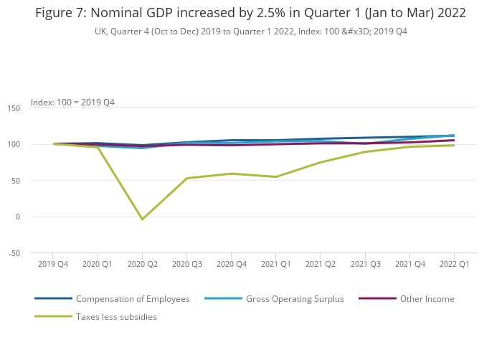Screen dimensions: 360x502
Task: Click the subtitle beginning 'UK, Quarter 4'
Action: pyautogui.click(x=251, y=32)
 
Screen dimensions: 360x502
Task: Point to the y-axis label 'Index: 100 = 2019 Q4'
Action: pyautogui.click(x=72, y=103)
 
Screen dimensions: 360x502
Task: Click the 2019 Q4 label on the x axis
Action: pyautogui.click(x=52, y=264)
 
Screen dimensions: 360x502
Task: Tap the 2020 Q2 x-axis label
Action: pyautogui.click(x=142, y=264)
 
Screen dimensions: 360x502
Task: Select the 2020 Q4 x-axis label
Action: pyautogui.click(x=231, y=264)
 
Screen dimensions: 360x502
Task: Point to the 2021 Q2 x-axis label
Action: pyautogui.click(x=321, y=264)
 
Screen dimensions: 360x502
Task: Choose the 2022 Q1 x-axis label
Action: pyautogui.click(x=454, y=264)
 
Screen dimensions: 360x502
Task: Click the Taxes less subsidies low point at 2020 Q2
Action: pyautogui.click(x=142, y=219)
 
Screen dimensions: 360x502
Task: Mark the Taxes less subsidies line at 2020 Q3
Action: pyautogui.click(x=186, y=179)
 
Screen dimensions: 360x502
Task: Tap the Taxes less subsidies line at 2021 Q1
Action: pyautogui.click(x=275, y=177)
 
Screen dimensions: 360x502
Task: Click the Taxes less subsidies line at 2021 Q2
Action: pyautogui.click(x=321, y=162)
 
